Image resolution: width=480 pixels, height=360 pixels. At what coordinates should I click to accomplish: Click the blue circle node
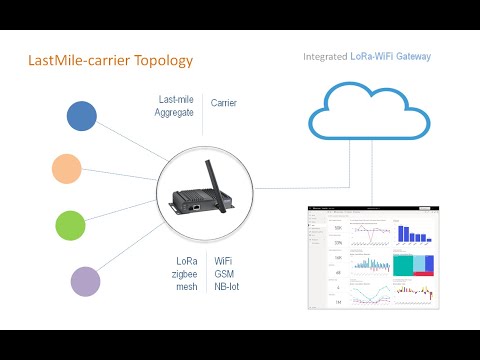81,116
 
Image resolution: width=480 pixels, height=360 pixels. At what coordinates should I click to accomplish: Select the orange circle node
67,168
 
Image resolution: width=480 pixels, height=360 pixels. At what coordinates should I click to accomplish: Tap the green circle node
70,224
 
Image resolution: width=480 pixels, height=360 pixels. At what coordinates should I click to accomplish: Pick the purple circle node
85,280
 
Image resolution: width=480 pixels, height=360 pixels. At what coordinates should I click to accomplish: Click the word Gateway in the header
412,57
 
